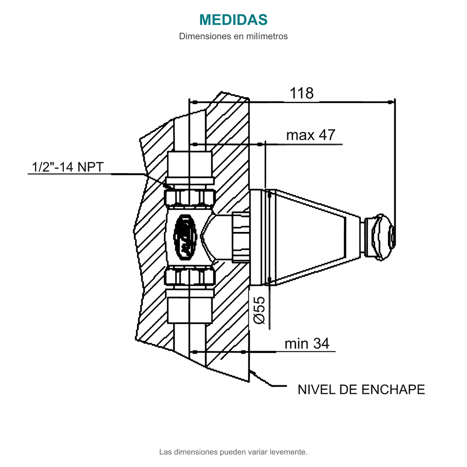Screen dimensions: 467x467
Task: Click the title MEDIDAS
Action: coord(233,19)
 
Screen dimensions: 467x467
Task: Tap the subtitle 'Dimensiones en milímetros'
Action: coord(233,36)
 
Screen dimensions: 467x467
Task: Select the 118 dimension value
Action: coord(302,93)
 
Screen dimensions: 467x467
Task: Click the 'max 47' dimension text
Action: coord(311,135)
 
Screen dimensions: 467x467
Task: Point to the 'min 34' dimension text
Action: coord(307,343)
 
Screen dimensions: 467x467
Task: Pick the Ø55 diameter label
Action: coord(259,310)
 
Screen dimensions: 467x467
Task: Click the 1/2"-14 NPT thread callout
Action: coord(68,167)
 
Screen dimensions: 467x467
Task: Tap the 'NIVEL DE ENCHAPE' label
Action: coord(361,390)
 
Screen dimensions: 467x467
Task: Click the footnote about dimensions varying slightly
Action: coord(233,452)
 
